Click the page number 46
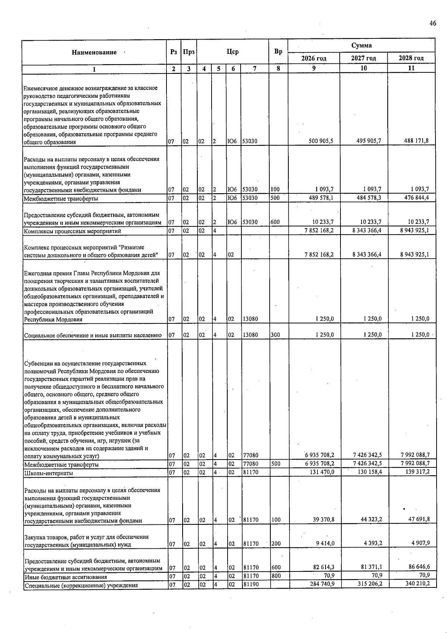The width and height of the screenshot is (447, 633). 432,23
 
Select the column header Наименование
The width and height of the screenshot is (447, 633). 94,53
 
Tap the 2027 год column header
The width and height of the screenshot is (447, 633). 363,58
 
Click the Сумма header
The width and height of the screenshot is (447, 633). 361,46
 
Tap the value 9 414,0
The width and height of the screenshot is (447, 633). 325,543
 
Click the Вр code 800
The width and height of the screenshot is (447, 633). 276,576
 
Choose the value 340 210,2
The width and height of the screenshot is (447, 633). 417,583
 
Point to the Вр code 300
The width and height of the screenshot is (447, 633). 276,335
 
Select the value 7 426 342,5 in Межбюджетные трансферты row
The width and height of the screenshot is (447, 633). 367,463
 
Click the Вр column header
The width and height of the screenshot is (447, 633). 278,52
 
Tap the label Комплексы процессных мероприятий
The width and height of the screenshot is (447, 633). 72,231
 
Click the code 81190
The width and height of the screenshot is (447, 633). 251,585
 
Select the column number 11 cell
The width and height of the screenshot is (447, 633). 411,68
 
